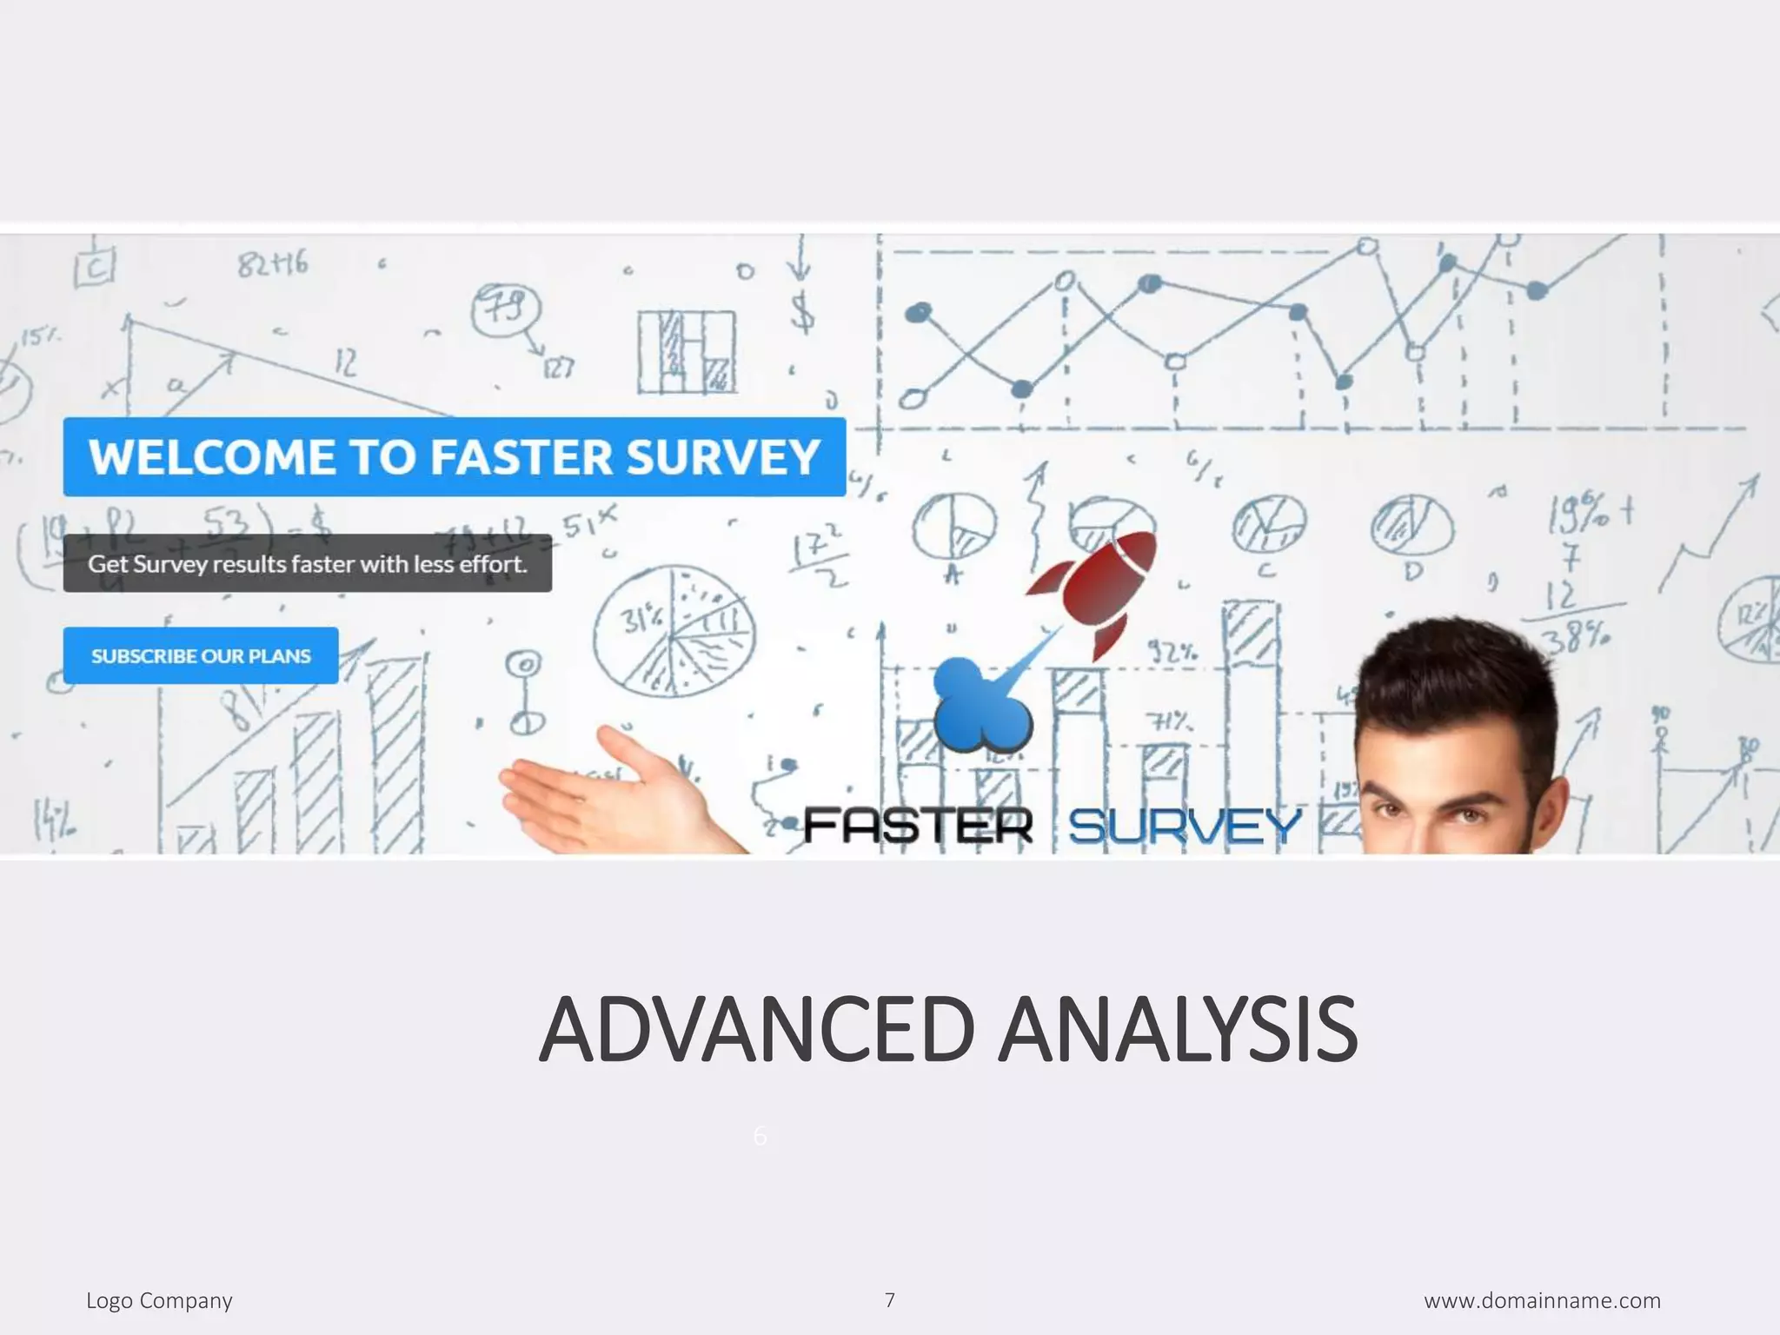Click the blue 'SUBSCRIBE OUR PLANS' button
tap(201, 655)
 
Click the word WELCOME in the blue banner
tap(208, 457)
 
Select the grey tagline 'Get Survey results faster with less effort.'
tap(307, 564)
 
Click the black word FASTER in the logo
tap(918, 825)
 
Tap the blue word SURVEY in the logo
tap(1184, 825)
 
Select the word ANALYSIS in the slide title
tap(1178, 1031)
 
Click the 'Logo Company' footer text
tap(159, 1301)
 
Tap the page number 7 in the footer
tap(889, 1300)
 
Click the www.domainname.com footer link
tap(1542, 1301)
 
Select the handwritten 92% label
tap(1173, 653)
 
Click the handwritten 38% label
tap(1573, 641)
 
